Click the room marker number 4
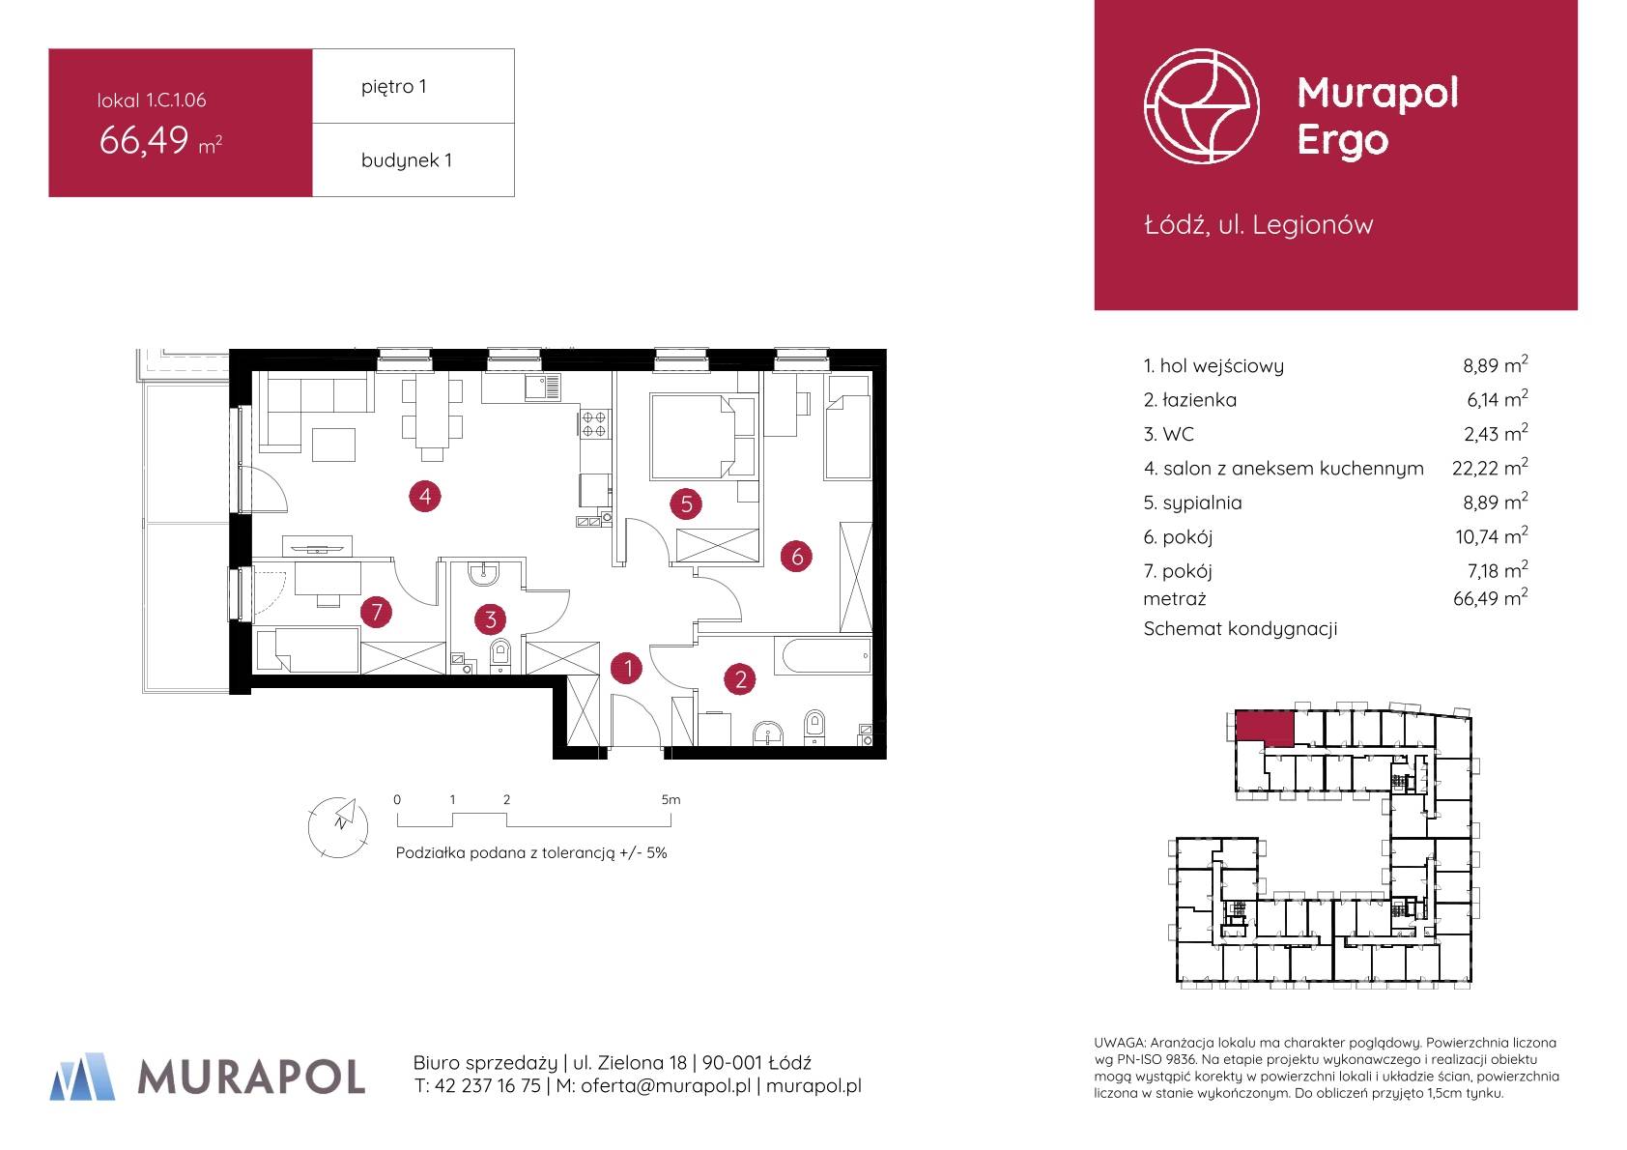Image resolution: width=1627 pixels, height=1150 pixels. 425,497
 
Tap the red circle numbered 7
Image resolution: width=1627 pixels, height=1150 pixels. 376,613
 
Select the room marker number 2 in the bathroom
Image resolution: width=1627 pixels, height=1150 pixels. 740,680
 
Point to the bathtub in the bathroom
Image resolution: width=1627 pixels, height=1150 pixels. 827,656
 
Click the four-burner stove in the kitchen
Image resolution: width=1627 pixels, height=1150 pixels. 594,425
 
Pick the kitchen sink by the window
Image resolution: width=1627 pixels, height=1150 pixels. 543,388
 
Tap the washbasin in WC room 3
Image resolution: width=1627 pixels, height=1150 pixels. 483,575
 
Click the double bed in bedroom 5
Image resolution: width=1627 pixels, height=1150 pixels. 702,437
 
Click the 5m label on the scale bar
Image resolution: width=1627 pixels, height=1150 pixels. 671,800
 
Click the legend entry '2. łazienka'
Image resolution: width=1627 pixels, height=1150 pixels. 1189,400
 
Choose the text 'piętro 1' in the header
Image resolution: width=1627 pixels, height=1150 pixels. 393,87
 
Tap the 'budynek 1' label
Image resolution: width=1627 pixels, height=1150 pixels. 407,160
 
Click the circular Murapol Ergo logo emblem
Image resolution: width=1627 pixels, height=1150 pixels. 1201,106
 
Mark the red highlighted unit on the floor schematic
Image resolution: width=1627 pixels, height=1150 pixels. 1265,728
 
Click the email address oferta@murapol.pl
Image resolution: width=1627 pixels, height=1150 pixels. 666,1086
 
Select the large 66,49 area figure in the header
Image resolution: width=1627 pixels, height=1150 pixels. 144,140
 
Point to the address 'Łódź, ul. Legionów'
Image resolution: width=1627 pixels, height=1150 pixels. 1259,224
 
